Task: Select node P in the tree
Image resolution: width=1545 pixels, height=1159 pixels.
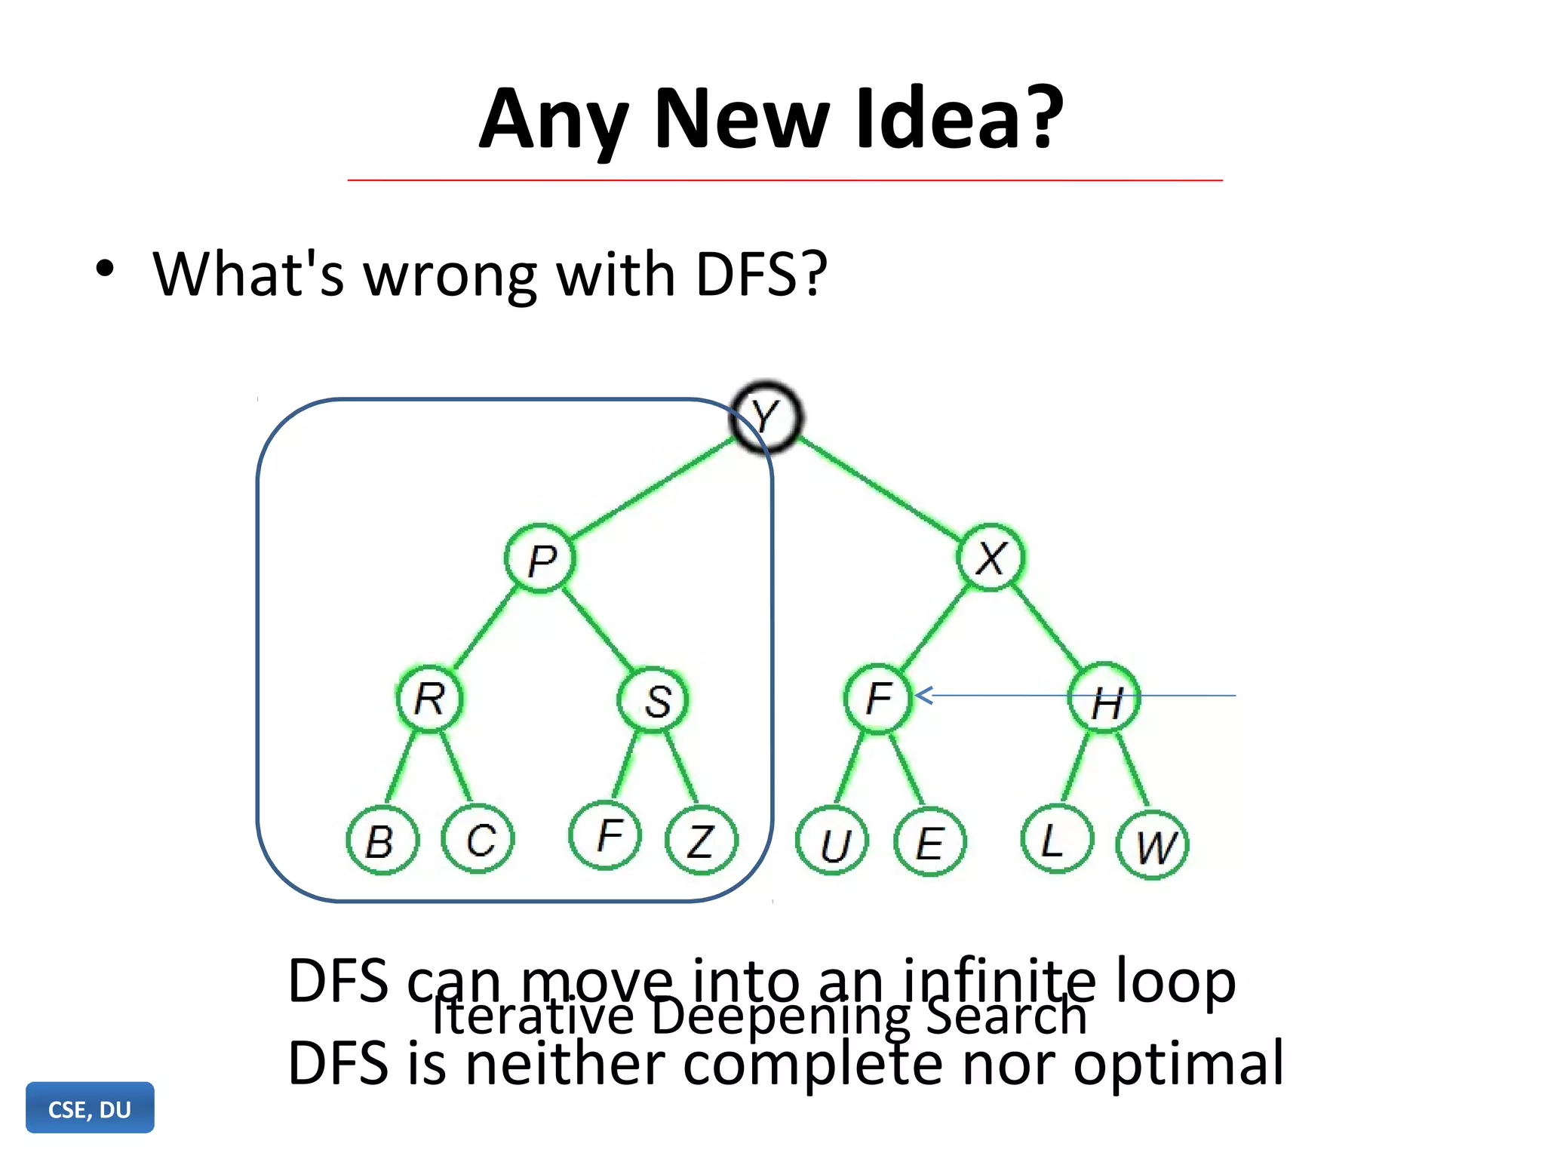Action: pyautogui.click(x=540, y=559)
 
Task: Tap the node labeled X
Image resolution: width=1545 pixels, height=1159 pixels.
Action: pyautogui.click(x=991, y=558)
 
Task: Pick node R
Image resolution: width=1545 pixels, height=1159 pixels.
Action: pyautogui.click(x=429, y=699)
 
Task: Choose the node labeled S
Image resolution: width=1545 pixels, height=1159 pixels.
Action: pyautogui.click(x=653, y=700)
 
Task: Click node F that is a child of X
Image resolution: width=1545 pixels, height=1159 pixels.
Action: pyautogui.click(x=878, y=699)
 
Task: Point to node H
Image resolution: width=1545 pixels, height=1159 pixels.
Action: pyautogui.click(x=1104, y=699)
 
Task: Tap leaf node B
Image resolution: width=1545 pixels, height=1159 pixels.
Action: pyautogui.click(x=382, y=840)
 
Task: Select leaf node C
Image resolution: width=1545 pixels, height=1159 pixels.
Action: pyautogui.click(x=478, y=838)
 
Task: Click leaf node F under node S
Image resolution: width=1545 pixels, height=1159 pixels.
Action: pyautogui.click(x=606, y=835)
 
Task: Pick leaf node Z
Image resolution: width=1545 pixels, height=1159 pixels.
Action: pyautogui.click(x=702, y=840)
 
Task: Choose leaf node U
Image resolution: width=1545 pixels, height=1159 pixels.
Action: pyautogui.click(x=833, y=841)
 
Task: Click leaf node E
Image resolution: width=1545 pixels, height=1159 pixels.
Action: pyautogui.click(x=929, y=841)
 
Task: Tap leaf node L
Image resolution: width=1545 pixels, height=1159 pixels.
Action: pyautogui.click(x=1056, y=838)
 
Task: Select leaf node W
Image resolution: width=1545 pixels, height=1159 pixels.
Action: pyautogui.click(x=1153, y=844)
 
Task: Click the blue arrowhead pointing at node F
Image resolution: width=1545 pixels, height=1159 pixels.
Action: pyautogui.click(x=924, y=695)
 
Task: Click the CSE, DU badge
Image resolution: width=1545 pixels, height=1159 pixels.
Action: pyautogui.click(x=90, y=1108)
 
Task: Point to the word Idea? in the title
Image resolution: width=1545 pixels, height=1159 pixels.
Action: pyautogui.click(x=958, y=119)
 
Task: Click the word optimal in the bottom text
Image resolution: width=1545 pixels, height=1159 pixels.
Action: pyautogui.click(x=1178, y=1062)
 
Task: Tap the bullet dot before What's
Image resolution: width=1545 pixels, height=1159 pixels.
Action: pyautogui.click(x=105, y=269)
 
